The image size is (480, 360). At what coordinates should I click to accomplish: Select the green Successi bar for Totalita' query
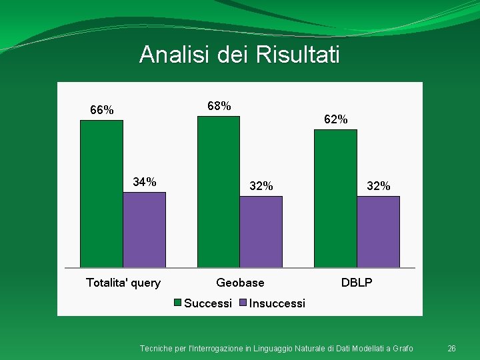point(101,193)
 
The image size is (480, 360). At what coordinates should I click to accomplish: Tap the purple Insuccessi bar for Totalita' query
point(144,230)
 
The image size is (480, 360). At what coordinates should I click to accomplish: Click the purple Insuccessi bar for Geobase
point(261,232)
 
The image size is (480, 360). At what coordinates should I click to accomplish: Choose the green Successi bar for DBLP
point(335,198)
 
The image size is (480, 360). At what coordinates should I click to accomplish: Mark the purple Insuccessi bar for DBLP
point(378,232)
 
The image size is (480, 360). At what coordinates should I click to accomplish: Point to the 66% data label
point(101,110)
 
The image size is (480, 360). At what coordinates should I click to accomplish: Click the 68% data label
point(219,106)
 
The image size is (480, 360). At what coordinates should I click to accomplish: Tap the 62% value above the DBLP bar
point(335,120)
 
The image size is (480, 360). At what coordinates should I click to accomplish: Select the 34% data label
point(145,182)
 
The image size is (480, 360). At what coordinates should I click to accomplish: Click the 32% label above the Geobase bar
point(261,186)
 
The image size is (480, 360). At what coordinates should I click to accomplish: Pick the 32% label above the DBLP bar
point(378,186)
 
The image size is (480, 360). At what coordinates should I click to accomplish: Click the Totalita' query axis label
point(123,283)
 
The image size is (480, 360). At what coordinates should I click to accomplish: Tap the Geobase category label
point(240,283)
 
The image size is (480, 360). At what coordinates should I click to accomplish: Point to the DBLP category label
point(357,283)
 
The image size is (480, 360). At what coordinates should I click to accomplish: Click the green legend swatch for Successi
point(178,303)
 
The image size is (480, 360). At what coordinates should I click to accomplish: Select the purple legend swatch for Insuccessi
point(244,303)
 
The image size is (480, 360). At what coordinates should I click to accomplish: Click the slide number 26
point(451,349)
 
